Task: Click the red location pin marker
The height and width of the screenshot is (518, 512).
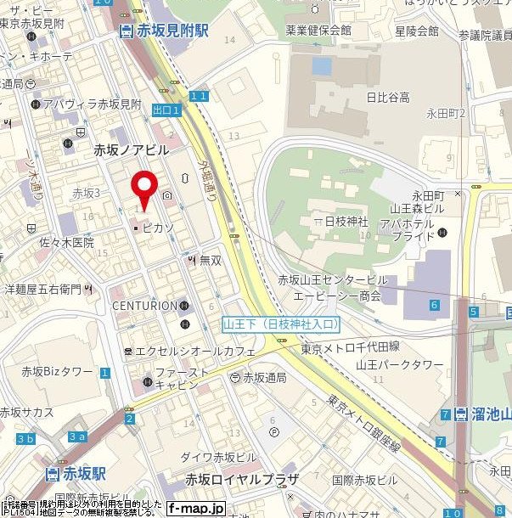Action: pos(145,187)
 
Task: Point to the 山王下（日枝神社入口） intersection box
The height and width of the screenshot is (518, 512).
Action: pos(281,324)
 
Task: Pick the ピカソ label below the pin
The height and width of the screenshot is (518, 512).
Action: pos(157,228)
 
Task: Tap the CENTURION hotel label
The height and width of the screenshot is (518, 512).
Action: pos(144,306)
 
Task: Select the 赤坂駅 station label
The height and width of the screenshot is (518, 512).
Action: pos(82,472)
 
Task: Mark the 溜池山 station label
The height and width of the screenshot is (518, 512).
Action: pos(488,414)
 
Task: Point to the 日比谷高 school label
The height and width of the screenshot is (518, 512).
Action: pos(387,98)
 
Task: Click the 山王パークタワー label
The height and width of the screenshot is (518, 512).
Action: pos(399,364)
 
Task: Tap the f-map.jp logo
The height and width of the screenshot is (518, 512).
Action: pos(196,508)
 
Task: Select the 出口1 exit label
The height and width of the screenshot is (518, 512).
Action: pos(166,110)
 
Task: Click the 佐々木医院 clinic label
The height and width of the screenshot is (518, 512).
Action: pos(65,242)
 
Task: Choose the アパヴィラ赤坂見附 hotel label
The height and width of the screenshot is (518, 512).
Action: pos(92,104)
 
